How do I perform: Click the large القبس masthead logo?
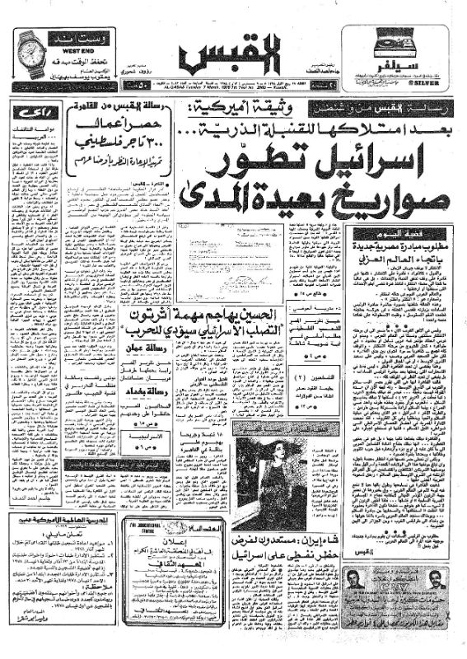233,57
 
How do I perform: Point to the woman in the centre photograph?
264,462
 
